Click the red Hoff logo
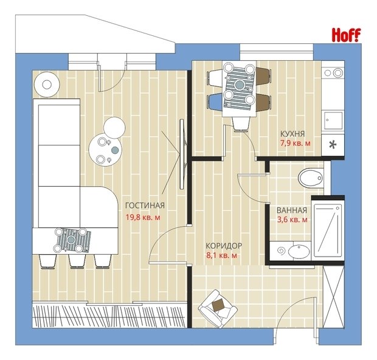(346, 35)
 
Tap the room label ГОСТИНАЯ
(145, 206)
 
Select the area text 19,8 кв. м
(143, 217)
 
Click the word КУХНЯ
(292, 134)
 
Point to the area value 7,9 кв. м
(296, 144)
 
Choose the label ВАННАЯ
(292, 210)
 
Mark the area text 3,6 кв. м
(292, 220)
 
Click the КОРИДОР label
(224, 246)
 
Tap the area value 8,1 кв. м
(222, 255)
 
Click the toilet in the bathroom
(310, 178)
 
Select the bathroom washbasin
(299, 252)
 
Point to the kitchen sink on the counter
(333, 120)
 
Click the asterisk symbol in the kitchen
(333, 145)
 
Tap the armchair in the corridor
(218, 309)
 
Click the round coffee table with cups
(105, 150)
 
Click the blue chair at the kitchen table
(215, 102)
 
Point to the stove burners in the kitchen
(334, 73)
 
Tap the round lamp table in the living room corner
(47, 85)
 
